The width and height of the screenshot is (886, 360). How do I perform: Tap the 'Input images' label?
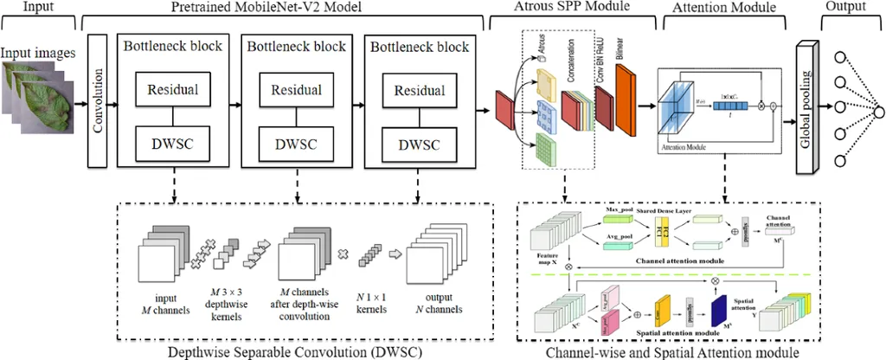click(38, 53)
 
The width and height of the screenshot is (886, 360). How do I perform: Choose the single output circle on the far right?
click(878, 112)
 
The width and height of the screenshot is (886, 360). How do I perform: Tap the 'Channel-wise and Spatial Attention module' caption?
click(671, 351)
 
